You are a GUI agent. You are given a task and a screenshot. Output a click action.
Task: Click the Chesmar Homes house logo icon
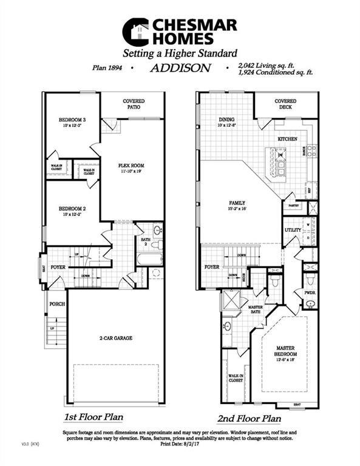pyautogui.click(x=135, y=32)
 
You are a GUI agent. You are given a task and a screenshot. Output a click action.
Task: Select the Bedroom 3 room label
pyautogui.click(x=72, y=120)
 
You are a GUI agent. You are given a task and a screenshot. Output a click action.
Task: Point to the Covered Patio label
pyautogui.click(x=133, y=104)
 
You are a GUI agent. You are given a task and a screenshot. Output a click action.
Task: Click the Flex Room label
pyautogui.click(x=131, y=166)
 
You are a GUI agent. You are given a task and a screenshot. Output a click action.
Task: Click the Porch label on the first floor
pyautogui.click(x=57, y=303)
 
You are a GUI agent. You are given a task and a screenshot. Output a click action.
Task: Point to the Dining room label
pyautogui.click(x=226, y=120)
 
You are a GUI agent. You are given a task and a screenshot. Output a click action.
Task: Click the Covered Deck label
pyautogui.click(x=285, y=104)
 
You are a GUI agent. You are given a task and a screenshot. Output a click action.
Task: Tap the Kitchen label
pyautogui.click(x=287, y=139)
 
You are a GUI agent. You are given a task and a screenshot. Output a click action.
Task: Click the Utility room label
pyautogui.click(x=293, y=231)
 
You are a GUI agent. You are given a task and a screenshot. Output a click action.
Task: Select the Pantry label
pyautogui.click(x=294, y=206)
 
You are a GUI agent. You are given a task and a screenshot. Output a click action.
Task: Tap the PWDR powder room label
pyautogui.click(x=310, y=292)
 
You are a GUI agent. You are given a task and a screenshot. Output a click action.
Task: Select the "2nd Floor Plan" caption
pyautogui.click(x=249, y=418)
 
